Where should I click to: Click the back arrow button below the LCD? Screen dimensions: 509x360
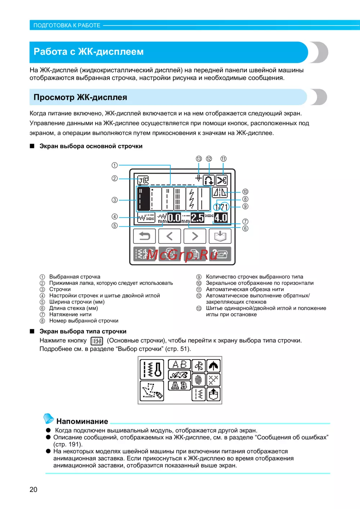tap(144, 236)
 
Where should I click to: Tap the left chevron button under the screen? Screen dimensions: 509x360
tap(170, 236)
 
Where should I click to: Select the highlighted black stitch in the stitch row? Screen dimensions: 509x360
tap(143, 198)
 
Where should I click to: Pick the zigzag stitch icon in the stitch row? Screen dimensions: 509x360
tap(192, 198)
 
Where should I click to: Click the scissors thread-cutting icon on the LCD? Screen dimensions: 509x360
tap(221, 180)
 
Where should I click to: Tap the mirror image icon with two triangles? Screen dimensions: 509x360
tap(220, 193)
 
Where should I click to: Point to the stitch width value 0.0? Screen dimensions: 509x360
tap(174, 218)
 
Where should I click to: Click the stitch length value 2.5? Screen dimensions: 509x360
tap(197, 218)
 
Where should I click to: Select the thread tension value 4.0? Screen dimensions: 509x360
tap(221, 218)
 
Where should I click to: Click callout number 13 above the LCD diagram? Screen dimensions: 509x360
tap(199, 159)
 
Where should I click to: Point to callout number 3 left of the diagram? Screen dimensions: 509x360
tap(114, 200)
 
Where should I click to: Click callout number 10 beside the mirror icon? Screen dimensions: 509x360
tap(245, 192)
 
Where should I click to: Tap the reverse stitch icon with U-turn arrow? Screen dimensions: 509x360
tap(209, 180)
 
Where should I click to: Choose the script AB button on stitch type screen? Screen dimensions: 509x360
tap(179, 375)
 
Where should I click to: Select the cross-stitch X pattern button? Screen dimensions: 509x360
tap(213, 380)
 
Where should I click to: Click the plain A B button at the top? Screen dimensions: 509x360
tap(179, 365)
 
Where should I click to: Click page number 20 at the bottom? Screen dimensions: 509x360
tap(33, 490)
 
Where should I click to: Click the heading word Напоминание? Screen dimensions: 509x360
tap(82, 421)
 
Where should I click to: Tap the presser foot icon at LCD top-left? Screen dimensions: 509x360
tap(143, 179)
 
